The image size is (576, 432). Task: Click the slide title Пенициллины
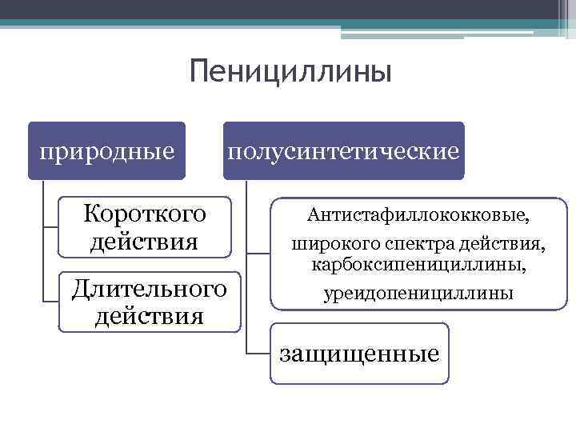click(x=291, y=73)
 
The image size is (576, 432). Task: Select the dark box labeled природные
click(x=106, y=150)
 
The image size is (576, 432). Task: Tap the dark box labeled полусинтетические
click(x=343, y=150)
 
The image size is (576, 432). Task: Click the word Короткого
click(x=145, y=214)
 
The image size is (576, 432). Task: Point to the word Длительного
click(x=149, y=286)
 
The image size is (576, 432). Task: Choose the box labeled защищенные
click(x=359, y=353)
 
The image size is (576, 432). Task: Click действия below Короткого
click(x=144, y=240)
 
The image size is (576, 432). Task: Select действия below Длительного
click(x=149, y=314)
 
